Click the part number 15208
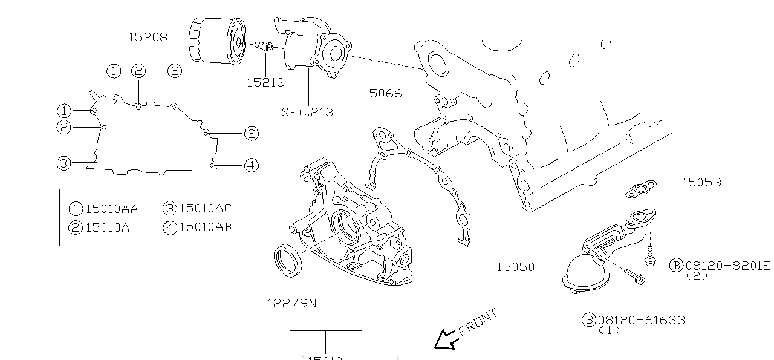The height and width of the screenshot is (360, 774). [x=148, y=38]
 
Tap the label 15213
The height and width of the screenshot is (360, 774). [x=265, y=82]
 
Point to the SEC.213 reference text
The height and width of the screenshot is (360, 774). [x=307, y=112]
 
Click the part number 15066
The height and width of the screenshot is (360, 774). [x=382, y=94]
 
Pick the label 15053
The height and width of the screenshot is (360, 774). [x=701, y=182]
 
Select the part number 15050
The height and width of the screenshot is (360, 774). [x=516, y=267]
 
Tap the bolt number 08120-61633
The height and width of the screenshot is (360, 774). [x=642, y=320]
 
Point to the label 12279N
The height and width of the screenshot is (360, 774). [x=291, y=303]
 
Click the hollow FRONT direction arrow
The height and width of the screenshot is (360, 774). [x=446, y=340]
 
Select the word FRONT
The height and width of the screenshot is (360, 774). [x=478, y=322]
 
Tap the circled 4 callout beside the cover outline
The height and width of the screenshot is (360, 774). [x=252, y=165]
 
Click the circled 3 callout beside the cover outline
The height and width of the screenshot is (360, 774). [x=64, y=163]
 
